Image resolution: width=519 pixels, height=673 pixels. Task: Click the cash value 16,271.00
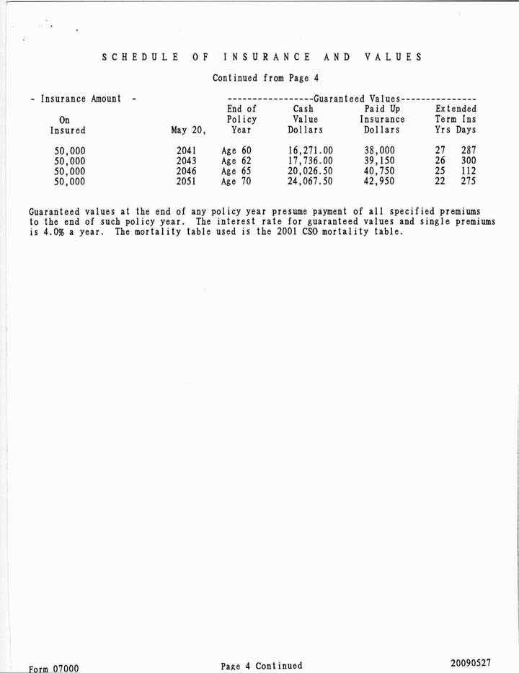tap(306, 151)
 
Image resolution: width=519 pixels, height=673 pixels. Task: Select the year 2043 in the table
tap(187, 161)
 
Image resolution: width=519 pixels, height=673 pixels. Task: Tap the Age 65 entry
tap(236, 171)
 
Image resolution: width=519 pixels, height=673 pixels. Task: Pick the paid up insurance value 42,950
tap(379, 182)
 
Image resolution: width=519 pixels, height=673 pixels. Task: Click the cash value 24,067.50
tap(306, 182)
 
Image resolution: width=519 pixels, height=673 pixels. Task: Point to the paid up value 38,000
tap(379, 151)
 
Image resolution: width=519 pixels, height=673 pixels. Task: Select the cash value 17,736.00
tap(306, 161)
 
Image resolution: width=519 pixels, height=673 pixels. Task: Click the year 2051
tap(187, 182)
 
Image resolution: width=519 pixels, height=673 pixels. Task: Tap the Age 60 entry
tap(236, 151)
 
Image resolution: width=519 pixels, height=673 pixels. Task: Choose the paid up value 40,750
tap(379, 171)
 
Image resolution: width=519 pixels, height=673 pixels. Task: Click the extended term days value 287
tap(469, 151)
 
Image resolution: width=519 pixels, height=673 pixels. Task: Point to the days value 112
tap(469, 171)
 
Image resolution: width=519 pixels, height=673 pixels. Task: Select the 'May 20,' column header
tap(189, 130)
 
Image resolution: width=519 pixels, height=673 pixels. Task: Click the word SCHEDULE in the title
tap(141, 57)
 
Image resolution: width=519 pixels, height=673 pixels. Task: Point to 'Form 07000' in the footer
tap(54, 668)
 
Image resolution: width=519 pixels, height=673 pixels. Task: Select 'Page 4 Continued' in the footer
tap(262, 666)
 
